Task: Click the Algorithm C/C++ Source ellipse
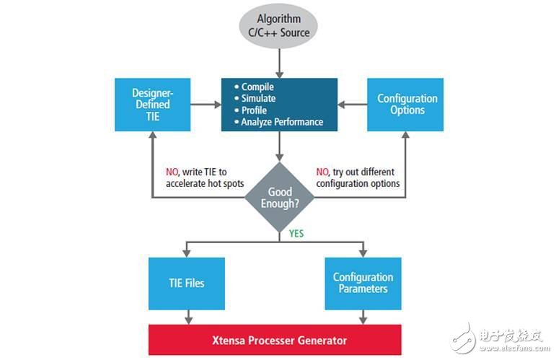point(278,26)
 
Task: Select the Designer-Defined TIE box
point(152,105)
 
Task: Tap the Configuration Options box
point(405,105)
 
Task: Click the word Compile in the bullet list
point(257,87)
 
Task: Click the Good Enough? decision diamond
point(280,198)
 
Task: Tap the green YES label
point(296,234)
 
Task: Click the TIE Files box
point(187,284)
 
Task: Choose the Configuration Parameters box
point(363,284)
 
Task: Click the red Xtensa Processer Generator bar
point(275,340)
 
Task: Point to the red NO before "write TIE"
point(172,172)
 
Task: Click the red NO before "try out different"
point(322,172)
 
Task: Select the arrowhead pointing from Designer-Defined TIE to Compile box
point(218,105)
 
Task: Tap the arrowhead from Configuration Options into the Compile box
point(341,105)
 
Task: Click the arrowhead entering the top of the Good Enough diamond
point(280,157)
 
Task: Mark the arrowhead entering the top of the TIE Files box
point(187,254)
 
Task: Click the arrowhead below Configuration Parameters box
point(363,320)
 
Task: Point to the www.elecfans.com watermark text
point(514,348)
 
